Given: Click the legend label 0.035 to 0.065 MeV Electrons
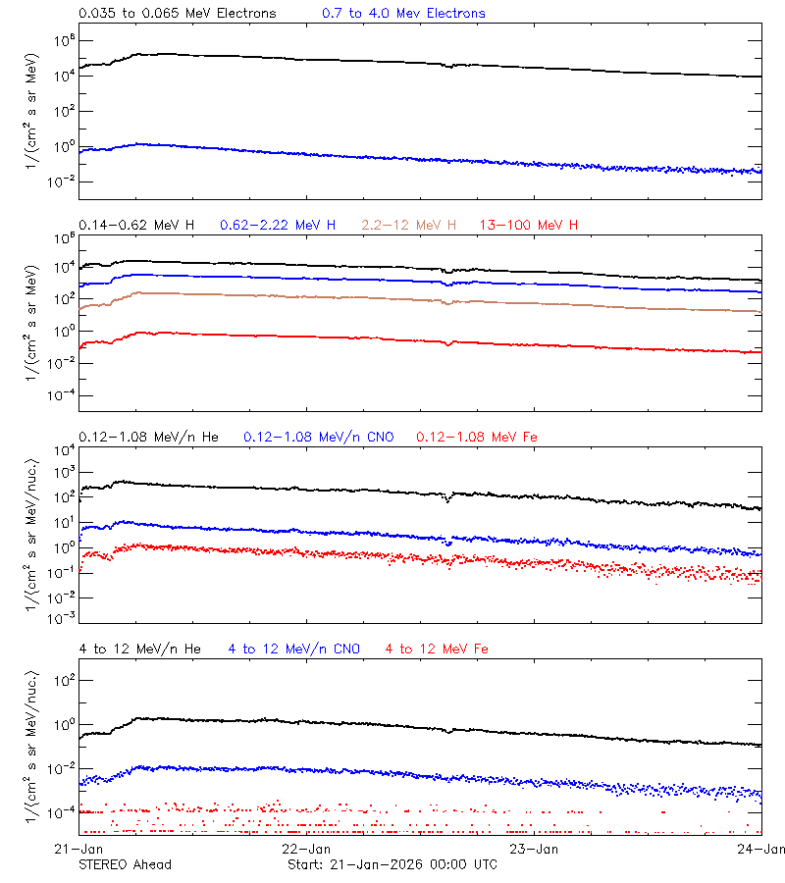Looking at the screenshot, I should point(178,14).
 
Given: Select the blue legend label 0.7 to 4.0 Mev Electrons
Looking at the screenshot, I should point(403,14).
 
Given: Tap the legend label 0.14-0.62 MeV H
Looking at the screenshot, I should point(136,226).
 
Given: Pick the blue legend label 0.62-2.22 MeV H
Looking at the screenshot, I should point(278,226).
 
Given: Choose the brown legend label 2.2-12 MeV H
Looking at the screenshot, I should point(409,226).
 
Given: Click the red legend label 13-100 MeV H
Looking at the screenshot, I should point(529,226).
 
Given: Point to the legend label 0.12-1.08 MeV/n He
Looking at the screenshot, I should point(153,437).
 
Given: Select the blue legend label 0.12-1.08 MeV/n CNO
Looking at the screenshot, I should point(319,437).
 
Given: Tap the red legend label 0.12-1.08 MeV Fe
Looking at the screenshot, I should point(477,437).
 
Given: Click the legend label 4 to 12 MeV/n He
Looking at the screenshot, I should point(139,649).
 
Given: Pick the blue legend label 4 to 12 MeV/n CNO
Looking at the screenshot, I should point(294,649).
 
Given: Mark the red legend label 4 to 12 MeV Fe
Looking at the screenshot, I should point(437,649).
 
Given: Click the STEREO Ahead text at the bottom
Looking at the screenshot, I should point(125,864).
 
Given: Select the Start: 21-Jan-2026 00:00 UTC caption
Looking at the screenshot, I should point(392,864).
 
